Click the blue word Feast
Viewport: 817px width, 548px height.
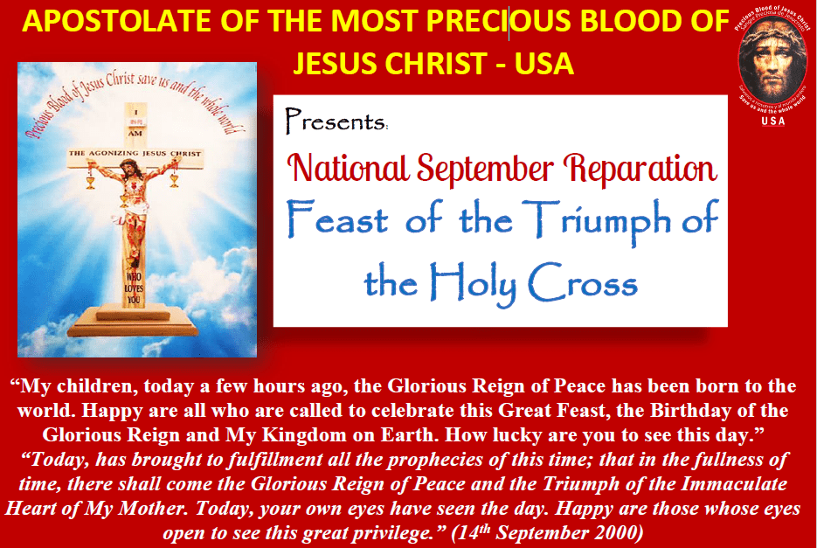(337, 222)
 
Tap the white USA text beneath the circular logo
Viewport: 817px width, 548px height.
(772, 121)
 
